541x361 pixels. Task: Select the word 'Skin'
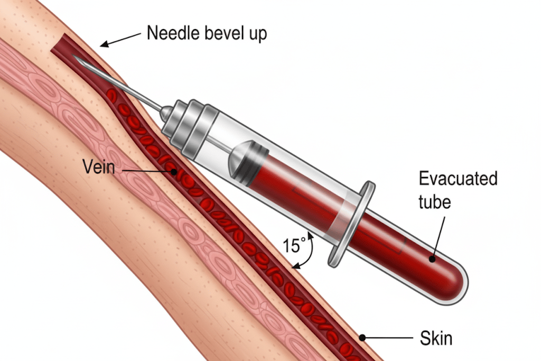pyautogui.click(x=436, y=337)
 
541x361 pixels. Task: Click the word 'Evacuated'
pyautogui.click(x=458, y=179)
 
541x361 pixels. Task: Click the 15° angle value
pyautogui.click(x=294, y=245)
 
